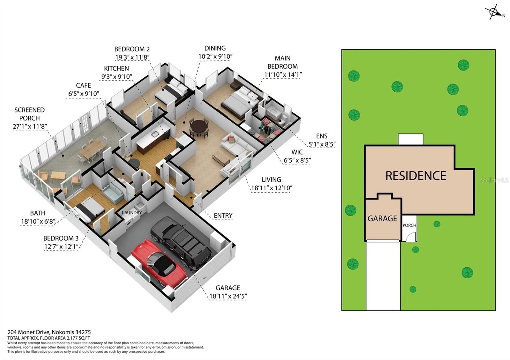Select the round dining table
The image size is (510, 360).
click(x=200, y=126)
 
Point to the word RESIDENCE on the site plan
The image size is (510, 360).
click(x=416, y=176)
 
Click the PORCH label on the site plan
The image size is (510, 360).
click(x=409, y=225)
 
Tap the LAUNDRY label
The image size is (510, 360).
click(x=132, y=212)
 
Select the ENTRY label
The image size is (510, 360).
click(x=223, y=215)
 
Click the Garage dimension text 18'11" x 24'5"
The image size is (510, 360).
click(x=228, y=296)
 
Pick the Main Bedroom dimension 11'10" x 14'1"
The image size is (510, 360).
click(x=283, y=75)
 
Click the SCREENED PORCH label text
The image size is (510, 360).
click(x=30, y=114)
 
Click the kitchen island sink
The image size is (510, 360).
click(x=155, y=134)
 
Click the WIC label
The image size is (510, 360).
click(x=297, y=152)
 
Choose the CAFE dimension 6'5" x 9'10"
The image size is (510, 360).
click(x=84, y=94)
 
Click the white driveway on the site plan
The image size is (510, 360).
click(x=383, y=275)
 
